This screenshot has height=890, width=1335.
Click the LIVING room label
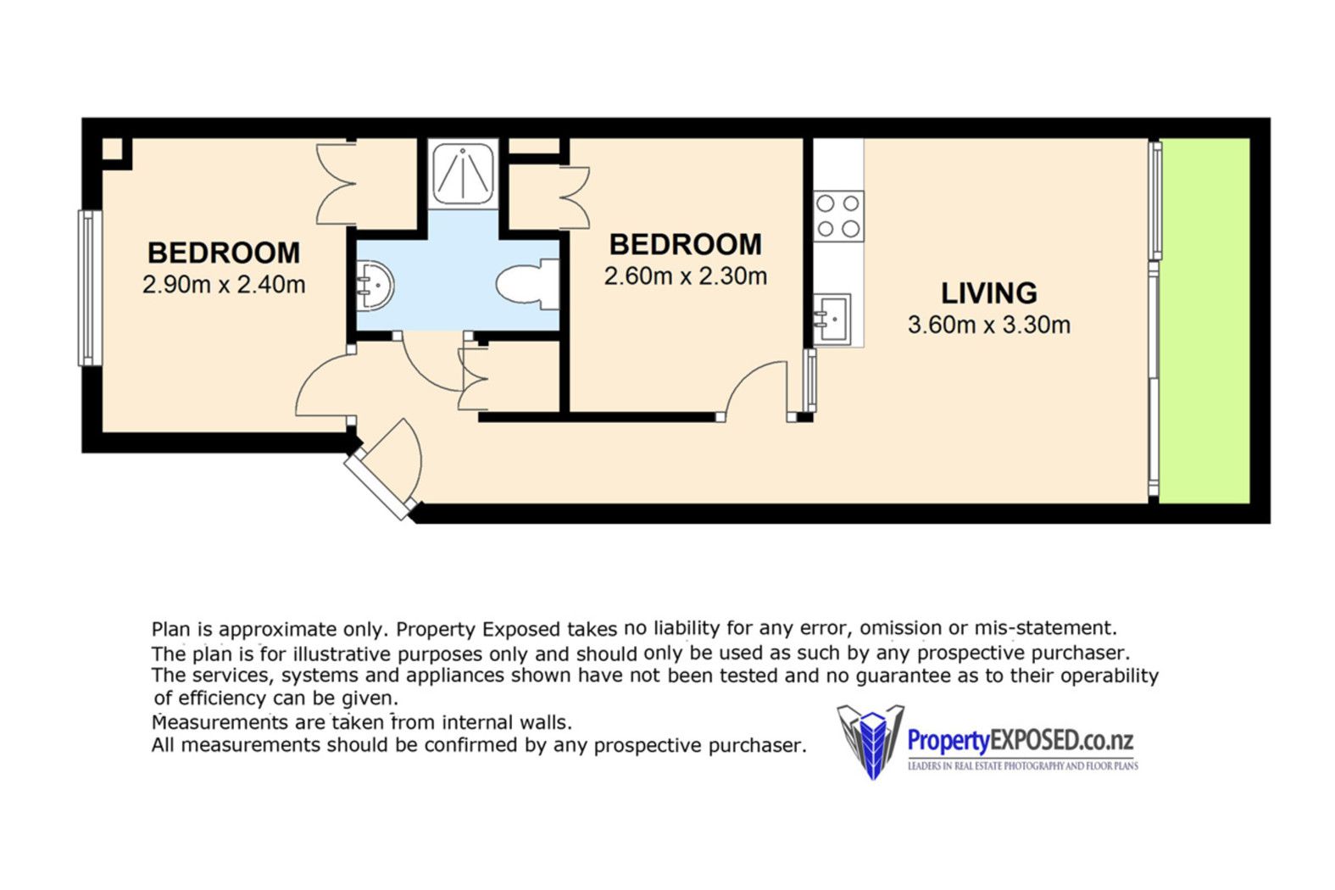coord(988,292)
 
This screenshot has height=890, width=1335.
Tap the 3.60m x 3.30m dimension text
coord(988,325)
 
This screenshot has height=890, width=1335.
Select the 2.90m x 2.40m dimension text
coord(224,285)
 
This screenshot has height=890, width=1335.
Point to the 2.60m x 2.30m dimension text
coord(686,276)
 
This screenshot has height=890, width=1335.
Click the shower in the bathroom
coord(463,174)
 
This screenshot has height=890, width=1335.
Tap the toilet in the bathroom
coord(527,284)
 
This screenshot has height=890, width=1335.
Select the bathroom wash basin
coord(375,286)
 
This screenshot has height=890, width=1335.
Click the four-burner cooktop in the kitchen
coord(838,216)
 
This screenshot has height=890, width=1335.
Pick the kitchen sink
coord(832,320)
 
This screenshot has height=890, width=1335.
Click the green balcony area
coord(1204,320)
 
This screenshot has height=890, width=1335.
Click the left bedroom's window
coord(90,288)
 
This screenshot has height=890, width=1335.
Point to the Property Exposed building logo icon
coord(871,742)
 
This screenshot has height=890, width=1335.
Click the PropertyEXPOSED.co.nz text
coord(1020,741)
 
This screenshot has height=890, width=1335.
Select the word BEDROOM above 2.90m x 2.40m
coord(224,253)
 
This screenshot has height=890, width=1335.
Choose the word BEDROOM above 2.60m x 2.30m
coord(686,244)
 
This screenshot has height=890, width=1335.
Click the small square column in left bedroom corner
coord(112,149)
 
